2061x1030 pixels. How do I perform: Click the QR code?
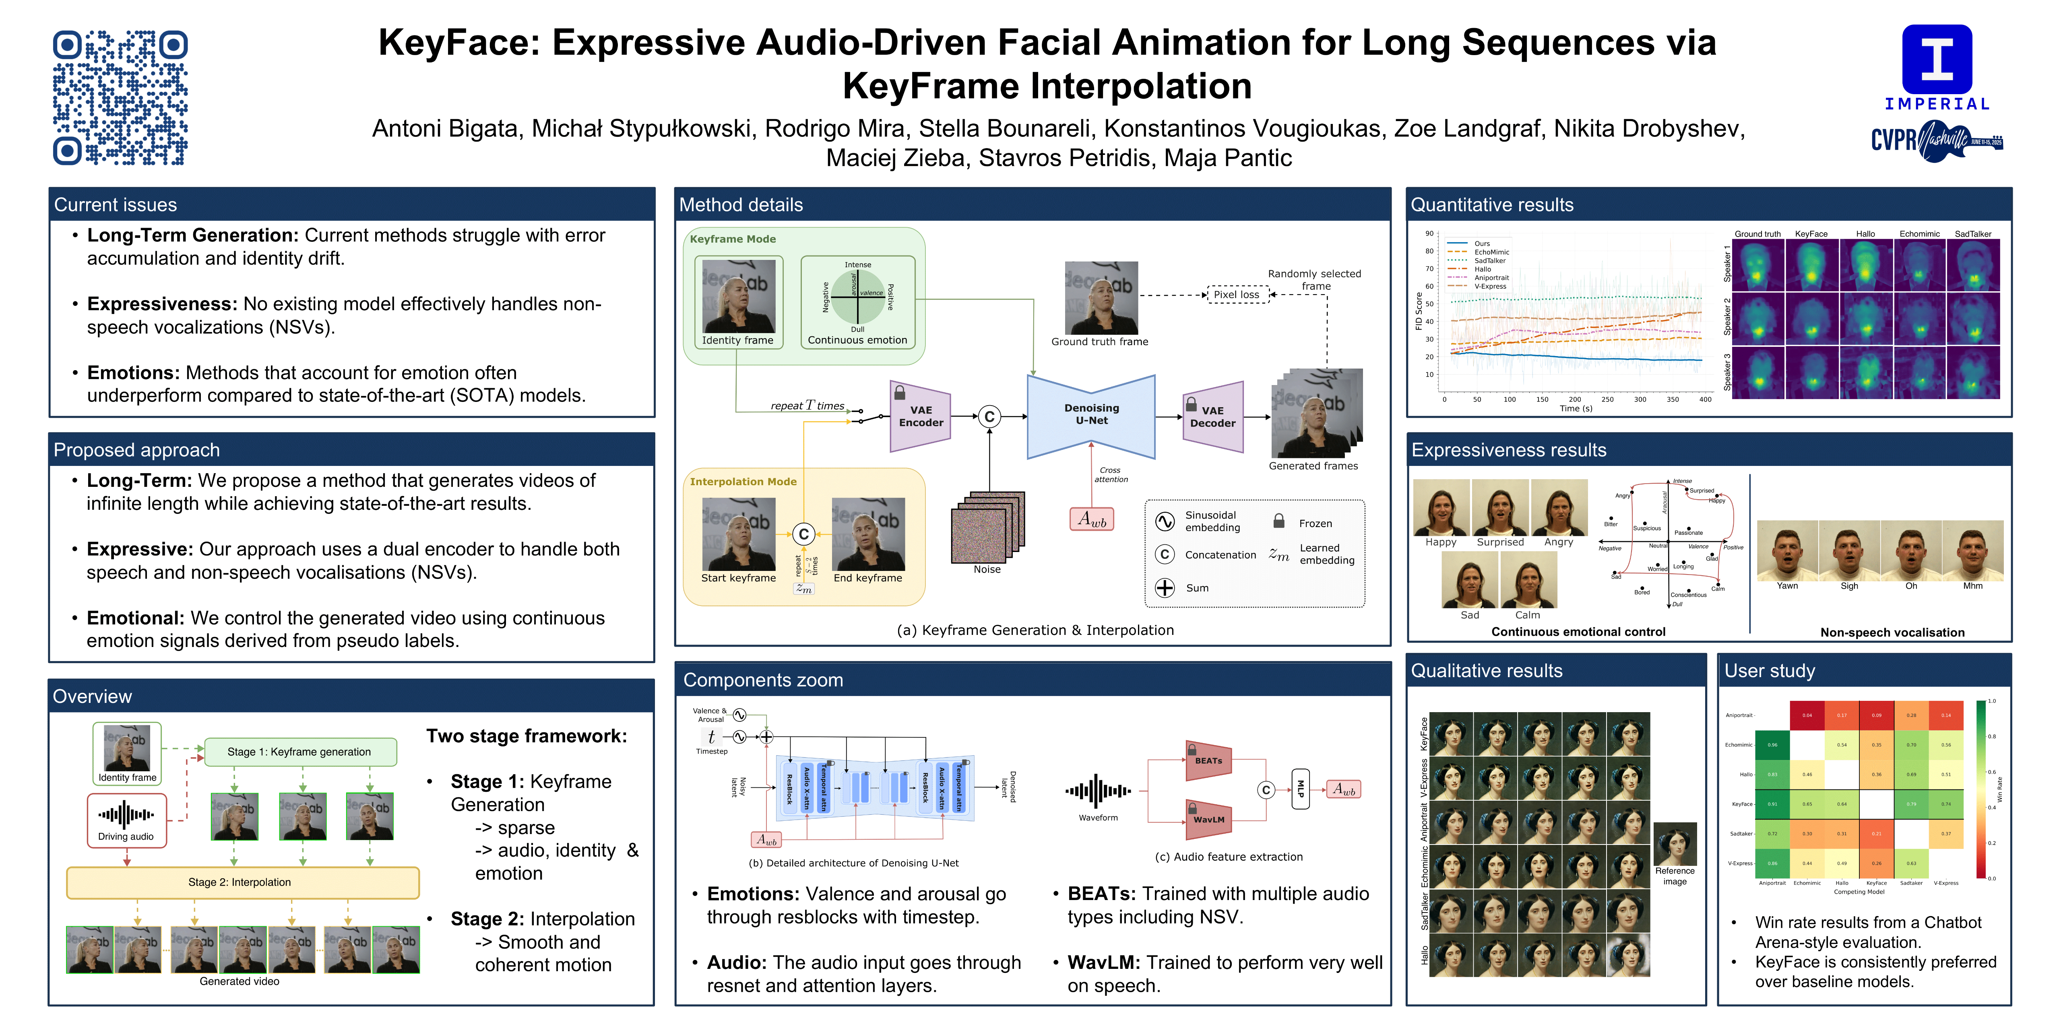click(120, 97)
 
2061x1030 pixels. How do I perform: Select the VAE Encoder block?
click(920, 416)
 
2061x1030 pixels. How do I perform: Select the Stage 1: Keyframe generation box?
click(300, 752)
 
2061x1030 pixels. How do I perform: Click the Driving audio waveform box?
click(126, 820)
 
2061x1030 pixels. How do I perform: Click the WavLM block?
click(1208, 820)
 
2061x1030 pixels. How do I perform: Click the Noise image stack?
click(987, 528)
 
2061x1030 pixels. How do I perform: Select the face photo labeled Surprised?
click(1500, 508)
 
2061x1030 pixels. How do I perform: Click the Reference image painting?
click(1675, 844)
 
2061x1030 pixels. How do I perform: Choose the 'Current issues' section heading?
click(116, 205)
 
